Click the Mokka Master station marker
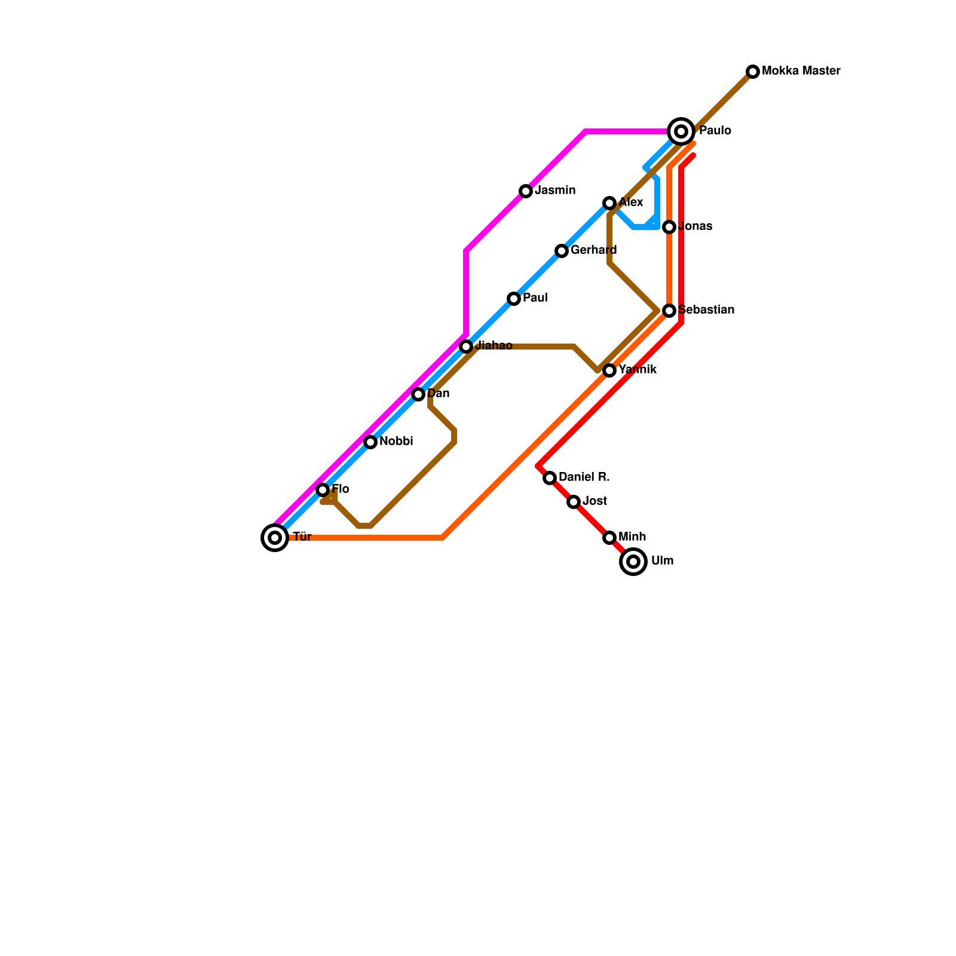tap(753, 72)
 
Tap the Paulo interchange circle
tap(681, 131)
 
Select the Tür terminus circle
tap(275, 538)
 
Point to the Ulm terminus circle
tap(634, 562)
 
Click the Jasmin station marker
tap(526, 191)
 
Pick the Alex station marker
tap(609, 203)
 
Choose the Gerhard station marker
tap(562, 251)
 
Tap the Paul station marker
tap(514, 299)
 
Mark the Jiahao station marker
tap(466, 347)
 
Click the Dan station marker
tap(418, 394)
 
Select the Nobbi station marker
tap(370, 442)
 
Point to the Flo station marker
tap(323, 490)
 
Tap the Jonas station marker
tap(669, 227)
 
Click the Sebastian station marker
tap(669, 311)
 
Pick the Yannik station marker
tap(609, 370)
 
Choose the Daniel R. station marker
tap(550, 478)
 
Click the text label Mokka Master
tap(801, 71)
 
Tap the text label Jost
tap(595, 501)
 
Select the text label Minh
tap(632, 537)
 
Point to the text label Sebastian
tap(706, 310)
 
